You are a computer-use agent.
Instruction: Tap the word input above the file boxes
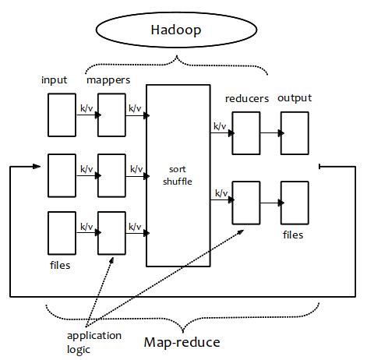55,80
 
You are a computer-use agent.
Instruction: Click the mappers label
108,80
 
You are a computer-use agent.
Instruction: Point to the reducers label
247,98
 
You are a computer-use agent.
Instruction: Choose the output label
295,98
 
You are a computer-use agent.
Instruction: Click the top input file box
62,115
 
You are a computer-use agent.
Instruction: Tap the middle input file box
62,175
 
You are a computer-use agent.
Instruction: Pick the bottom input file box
62,232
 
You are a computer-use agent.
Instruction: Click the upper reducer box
246,132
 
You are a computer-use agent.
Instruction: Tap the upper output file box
295,132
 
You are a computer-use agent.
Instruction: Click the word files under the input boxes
59,266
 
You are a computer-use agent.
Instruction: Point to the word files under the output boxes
294,235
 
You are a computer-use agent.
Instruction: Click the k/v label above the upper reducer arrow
220,125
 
